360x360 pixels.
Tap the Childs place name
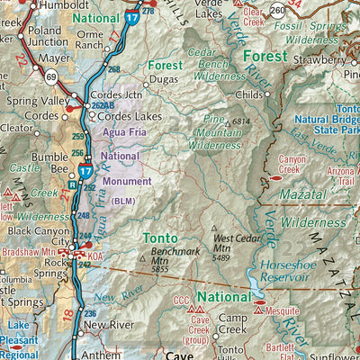click(248, 94)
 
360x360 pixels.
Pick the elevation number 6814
click(240, 121)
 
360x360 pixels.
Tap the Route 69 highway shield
click(51, 80)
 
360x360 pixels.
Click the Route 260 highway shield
click(278, 11)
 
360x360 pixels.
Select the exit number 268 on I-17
click(114, 68)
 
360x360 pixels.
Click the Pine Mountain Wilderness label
click(209, 131)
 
